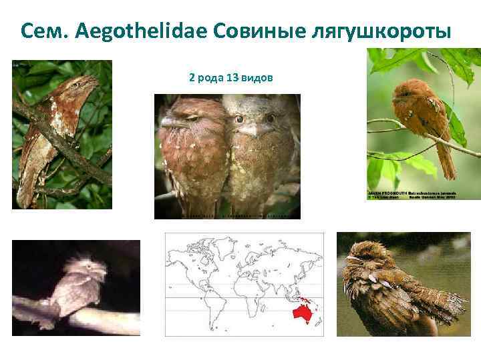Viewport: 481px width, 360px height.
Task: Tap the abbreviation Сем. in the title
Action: pos(47,31)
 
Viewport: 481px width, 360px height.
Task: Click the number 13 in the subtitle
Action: pos(232,79)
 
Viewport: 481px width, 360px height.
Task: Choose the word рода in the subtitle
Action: pos(210,79)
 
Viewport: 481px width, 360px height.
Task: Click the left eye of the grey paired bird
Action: pos(238,119)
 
